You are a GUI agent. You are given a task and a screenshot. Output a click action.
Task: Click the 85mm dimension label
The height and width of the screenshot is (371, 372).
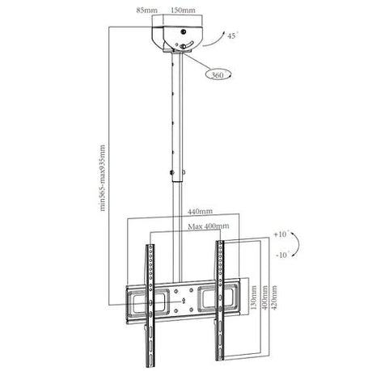click(146, 11)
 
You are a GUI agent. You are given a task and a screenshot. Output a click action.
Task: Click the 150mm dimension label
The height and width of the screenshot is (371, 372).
click(183, 11)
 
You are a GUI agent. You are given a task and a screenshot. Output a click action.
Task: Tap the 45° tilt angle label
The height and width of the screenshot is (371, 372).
click(233, 36)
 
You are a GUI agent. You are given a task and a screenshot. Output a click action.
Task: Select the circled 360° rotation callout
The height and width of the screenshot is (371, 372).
click(218, 74)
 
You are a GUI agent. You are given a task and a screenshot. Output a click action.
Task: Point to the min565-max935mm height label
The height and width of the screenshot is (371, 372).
click(102, 178)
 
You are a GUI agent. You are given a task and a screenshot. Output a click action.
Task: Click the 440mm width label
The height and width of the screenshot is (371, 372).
click(200, 212)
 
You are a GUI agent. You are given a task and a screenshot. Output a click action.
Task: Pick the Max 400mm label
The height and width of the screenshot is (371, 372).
click(209, 226)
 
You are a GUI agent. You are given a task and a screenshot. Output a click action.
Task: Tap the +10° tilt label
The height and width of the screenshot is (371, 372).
click(281, 234)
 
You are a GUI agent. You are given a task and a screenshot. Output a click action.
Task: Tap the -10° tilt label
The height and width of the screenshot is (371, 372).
click(282, 255)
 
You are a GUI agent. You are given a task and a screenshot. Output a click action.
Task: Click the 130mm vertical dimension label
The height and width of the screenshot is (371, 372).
click(254, 297)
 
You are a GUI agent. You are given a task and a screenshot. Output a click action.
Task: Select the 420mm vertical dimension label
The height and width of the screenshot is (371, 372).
click(274, 297)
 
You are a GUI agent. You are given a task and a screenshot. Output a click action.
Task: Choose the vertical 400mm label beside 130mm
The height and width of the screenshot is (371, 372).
click(265, 297)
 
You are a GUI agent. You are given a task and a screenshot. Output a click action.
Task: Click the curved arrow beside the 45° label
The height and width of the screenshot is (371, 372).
click(214, 40)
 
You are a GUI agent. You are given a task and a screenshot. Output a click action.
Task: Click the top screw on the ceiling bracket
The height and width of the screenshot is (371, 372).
click(184, 32)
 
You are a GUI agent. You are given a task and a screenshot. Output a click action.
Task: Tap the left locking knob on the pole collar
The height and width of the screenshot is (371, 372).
click(171, 172)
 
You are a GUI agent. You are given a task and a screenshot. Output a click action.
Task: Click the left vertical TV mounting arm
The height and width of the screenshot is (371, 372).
click(150, 306)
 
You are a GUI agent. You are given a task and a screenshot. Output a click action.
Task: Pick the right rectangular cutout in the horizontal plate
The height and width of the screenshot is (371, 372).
click(218, 298)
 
